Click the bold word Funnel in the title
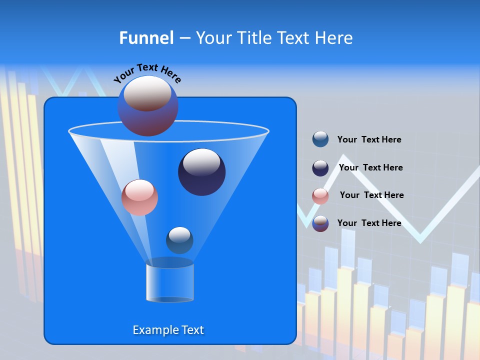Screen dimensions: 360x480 point(146,38)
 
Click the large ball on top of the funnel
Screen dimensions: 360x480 point(147,105)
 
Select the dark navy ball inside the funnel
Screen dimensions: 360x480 point(201,172)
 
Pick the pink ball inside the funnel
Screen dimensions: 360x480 point(139,197)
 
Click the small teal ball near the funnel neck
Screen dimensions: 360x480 point(179,240)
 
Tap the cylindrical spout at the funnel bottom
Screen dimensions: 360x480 point(169,282)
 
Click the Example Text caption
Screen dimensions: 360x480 point(168,330)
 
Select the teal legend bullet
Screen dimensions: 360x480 point(320,139)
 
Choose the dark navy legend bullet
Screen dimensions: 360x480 point(320,168)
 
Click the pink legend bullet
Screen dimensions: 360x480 point(320,196)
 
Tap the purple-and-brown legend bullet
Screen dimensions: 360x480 point(320,223)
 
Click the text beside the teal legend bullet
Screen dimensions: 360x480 point(369,140)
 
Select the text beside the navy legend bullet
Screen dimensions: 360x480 point(370,168)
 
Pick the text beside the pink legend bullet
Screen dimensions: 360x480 point(371,195)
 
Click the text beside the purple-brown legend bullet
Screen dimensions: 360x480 point(369,223)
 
